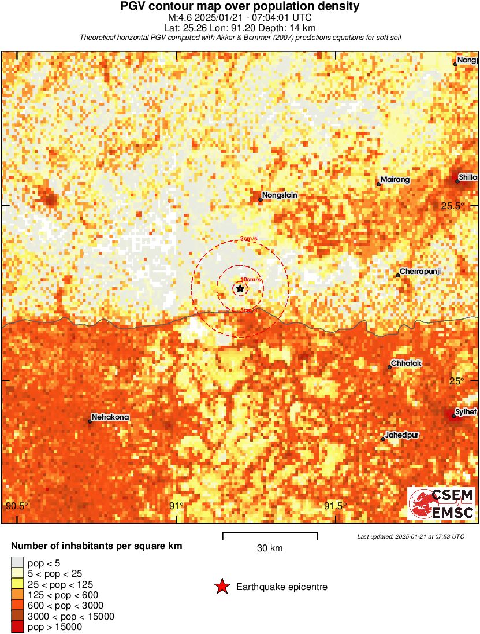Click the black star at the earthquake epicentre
240,288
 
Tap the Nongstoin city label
280,195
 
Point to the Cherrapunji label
420,271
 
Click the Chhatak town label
407,363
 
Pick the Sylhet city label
466,411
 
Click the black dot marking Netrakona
90,421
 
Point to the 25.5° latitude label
452,206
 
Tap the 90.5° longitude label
17,506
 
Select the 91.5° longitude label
336,506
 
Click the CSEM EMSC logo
442,503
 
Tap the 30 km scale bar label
270,548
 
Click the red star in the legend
221,587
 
